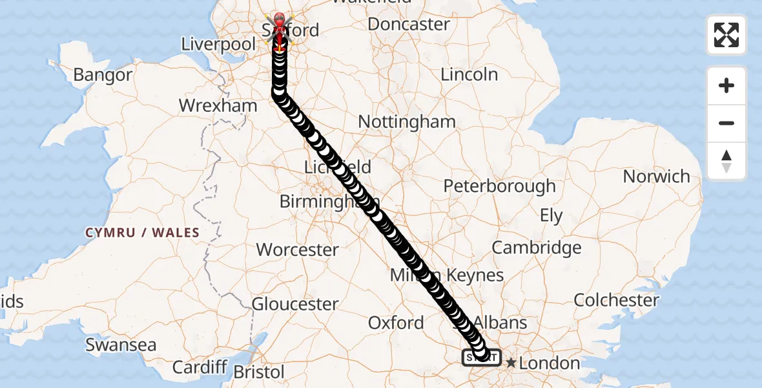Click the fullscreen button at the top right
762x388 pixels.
point(726,35)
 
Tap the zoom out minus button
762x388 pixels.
point(726,123)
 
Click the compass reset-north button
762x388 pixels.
point(726,161)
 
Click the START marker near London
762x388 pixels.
point(481,357)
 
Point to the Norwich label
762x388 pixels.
point(656,176)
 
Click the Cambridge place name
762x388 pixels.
point(536,248)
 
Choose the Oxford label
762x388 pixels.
point(396,323)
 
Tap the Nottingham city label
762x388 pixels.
point(406,122)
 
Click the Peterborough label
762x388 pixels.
point(499,186)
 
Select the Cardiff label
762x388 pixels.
point(199,367)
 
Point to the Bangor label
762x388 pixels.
point(102,75)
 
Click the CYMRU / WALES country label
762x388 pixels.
point(142,233)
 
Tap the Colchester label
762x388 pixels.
point(616,300)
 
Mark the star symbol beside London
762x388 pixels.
point(511,363)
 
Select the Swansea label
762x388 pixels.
point(121,345)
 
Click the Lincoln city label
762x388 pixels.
point(469,74)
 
